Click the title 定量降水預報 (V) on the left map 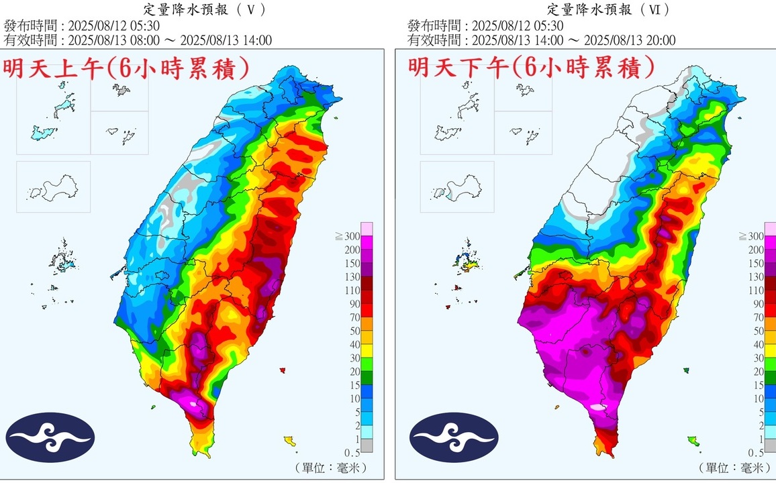[x=205, y=9]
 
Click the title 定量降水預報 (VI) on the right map [x=610, y=9]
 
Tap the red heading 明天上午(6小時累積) [x=128, y=69]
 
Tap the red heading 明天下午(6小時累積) [x=531, y=68]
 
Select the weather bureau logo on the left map [x=51, y=437]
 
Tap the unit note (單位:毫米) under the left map [x=331, y=468]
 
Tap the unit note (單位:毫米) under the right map [x=734, y=468]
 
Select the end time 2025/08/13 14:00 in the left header [x=228, y=40]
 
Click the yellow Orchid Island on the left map [x=290, y=441]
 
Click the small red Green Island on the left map [x=282, y=370]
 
